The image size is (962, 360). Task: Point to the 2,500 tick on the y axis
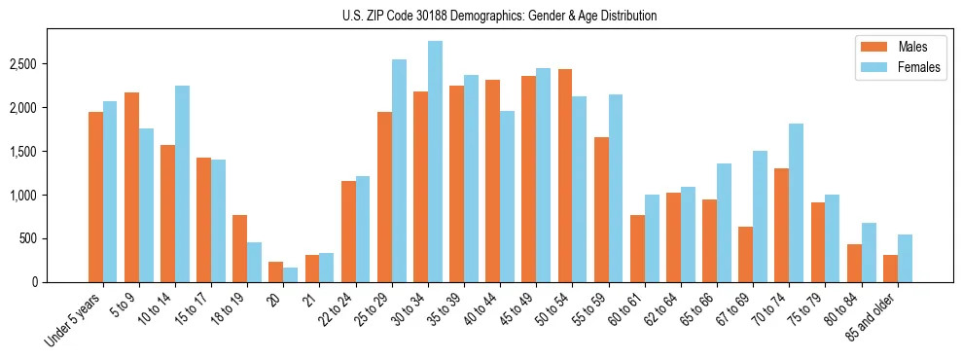[x=23, y=64]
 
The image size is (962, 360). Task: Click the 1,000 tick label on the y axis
[x=23, y=196]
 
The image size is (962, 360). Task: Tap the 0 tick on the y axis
[x=34, y=282]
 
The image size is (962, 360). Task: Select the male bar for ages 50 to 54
[x=565, y=176]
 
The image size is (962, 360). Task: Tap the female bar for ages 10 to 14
[x=182, y=184]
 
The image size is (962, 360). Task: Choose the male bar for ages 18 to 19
[x=240, y=249]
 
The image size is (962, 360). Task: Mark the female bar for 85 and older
[x=905, y=259]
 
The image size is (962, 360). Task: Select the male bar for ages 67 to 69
[x=745, y=255]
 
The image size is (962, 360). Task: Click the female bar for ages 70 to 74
[x=796, y=203]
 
